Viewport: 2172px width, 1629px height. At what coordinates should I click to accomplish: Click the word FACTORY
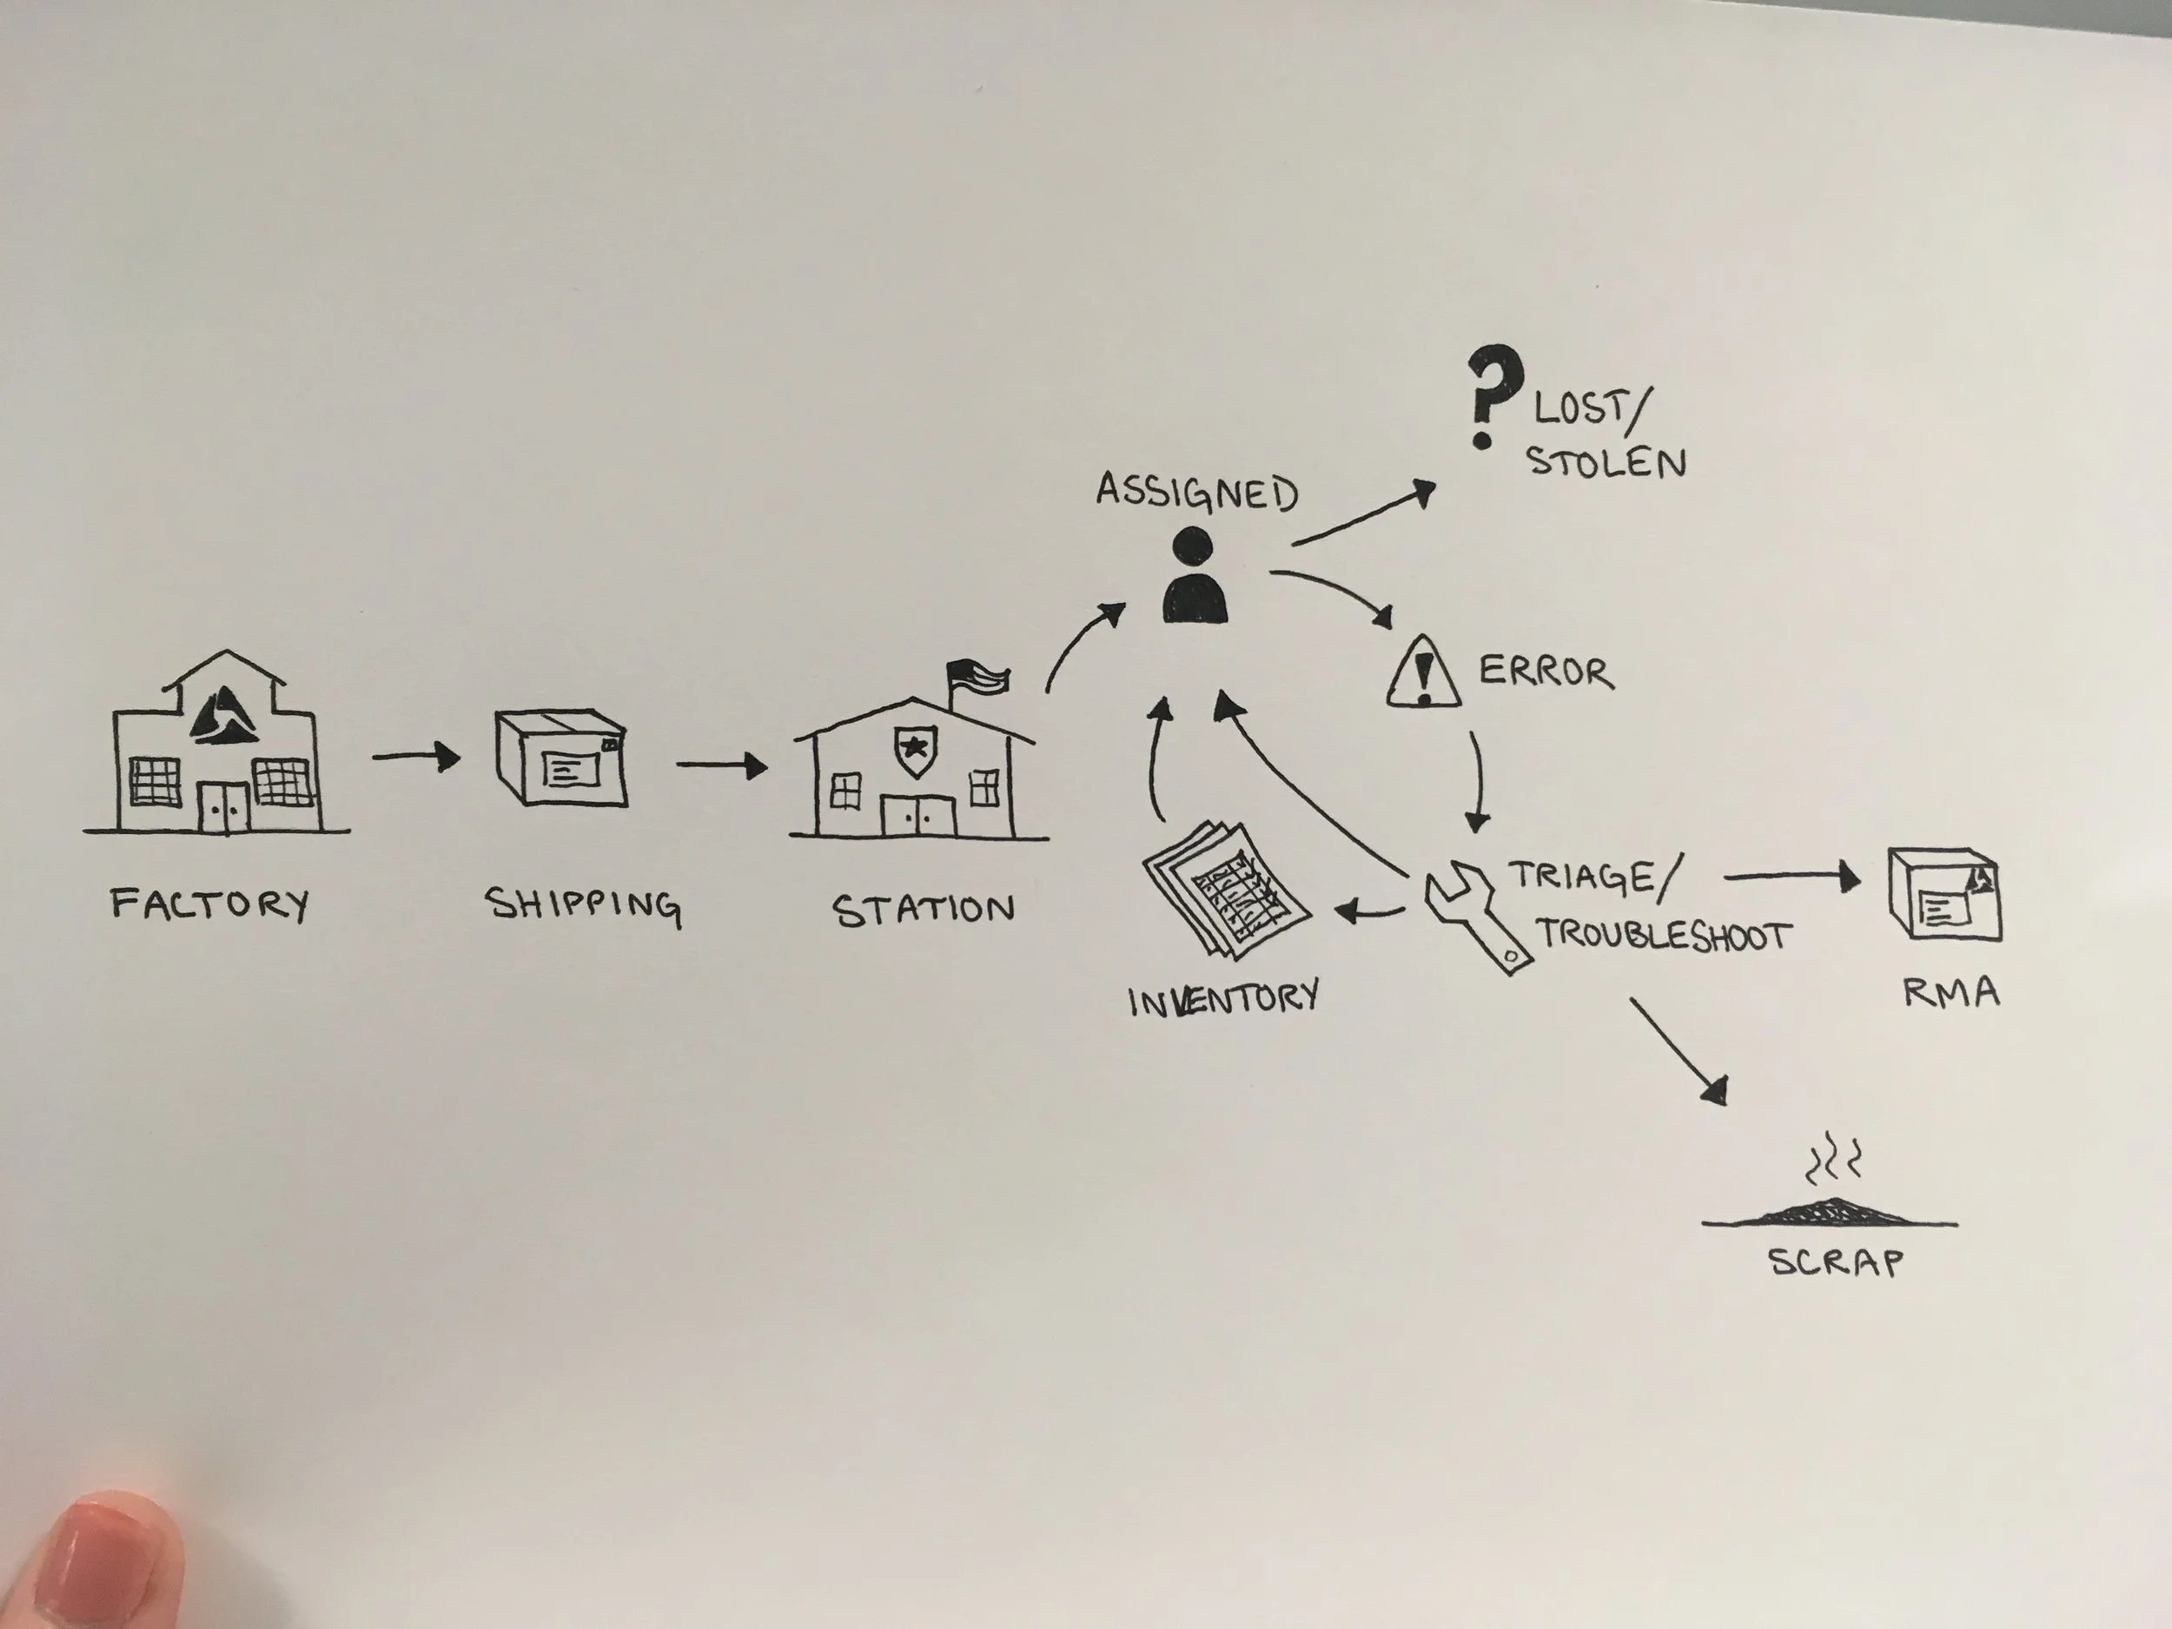coord(209,904)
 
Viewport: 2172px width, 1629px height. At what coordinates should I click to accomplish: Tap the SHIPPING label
coord(582,905)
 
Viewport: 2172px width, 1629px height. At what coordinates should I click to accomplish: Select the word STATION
coord(923,911)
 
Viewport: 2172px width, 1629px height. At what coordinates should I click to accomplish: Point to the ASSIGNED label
coord(1196,492)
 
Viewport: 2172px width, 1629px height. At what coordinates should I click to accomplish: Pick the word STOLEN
coord(1606,462)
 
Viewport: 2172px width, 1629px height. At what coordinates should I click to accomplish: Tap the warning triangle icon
coord(1423,672)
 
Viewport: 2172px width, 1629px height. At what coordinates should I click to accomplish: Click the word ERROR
coord(1546,672)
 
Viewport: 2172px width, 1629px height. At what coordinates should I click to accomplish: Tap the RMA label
coord(1951,993)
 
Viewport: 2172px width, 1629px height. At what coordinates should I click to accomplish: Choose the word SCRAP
coord(1835,1261)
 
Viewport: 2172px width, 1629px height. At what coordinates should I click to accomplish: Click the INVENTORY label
coord(1222,1000)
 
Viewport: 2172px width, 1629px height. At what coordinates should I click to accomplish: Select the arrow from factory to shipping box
coord(416,757)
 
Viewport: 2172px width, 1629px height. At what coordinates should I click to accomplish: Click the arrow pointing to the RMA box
coord(1791,877)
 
